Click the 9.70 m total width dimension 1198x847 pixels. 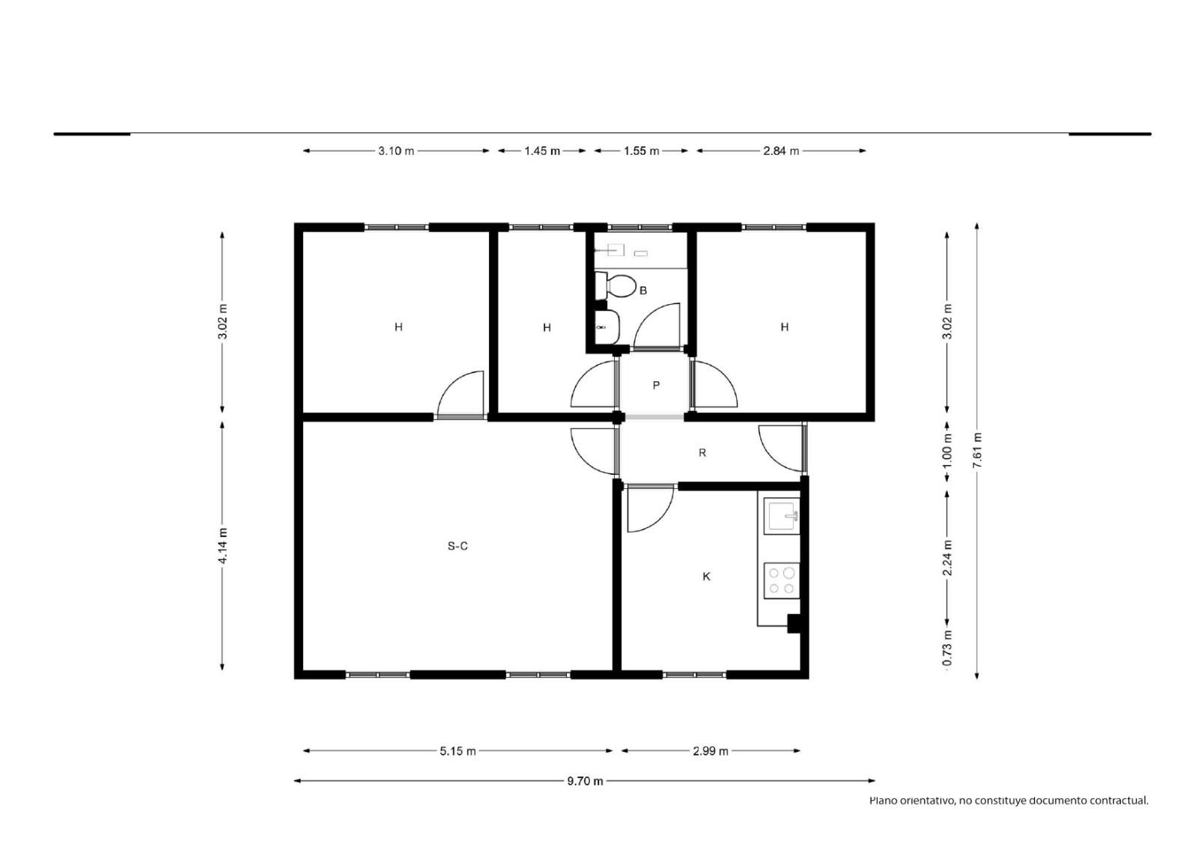point(585,781)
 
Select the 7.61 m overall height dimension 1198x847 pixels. point(977,450)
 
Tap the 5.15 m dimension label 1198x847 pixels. point(457,751)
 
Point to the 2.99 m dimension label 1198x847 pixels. point(711,751)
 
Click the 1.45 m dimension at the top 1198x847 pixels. point(542,151)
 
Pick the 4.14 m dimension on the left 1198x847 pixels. point(222,545)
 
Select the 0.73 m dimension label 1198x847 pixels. point(947,648)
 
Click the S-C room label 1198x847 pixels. point(457,546)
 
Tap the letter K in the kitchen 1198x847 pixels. point(707,576)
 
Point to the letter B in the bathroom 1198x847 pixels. point(643,291)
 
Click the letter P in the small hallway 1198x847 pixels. point(656,385)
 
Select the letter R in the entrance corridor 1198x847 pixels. point(702,452)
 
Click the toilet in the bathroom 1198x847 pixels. point(615,286)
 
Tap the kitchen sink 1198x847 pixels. point(782,516)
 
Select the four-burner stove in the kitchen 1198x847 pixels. point(782,580)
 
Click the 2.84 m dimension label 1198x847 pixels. point(781,151)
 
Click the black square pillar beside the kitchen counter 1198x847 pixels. point(794,624)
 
